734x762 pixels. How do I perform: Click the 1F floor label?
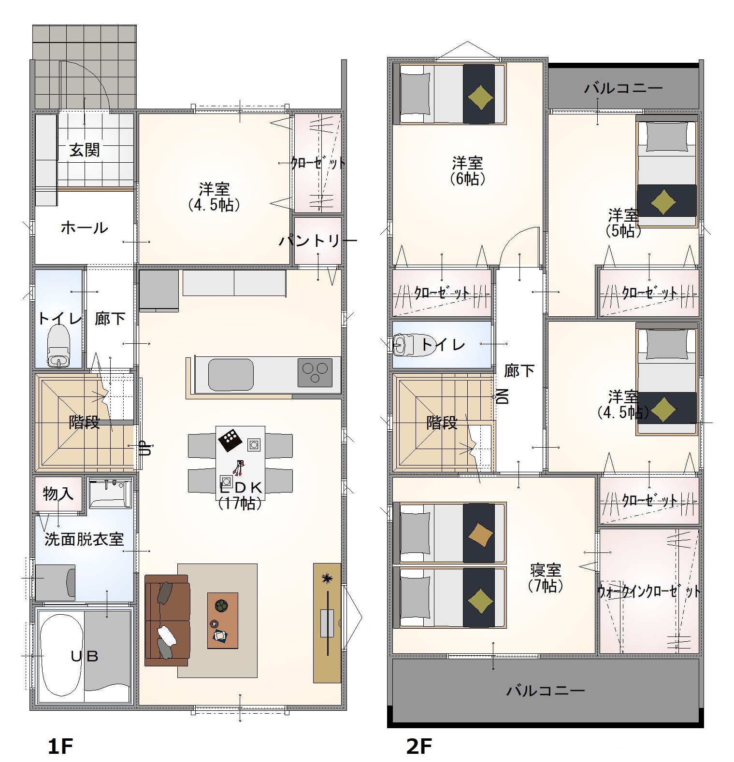click(x=60, y=746)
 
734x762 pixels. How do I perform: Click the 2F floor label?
click(x=419, y=746)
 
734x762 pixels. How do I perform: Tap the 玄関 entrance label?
click(x=85, y=150)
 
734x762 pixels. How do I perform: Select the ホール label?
click(x=85, y=227)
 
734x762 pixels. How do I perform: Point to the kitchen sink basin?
click(x=231, y=375)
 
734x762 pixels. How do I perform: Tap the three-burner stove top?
click(x=315, y=372)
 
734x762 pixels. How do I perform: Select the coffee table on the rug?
click(x=223, y=621)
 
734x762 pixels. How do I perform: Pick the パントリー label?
click(x=318, y=240)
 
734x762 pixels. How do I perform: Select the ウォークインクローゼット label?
click(x=649, y=592)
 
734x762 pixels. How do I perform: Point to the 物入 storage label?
click(x=58, y=494)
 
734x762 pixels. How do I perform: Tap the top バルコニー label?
click(x=623, y=88)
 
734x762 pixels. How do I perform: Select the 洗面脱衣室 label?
click(x=84, y=539)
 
